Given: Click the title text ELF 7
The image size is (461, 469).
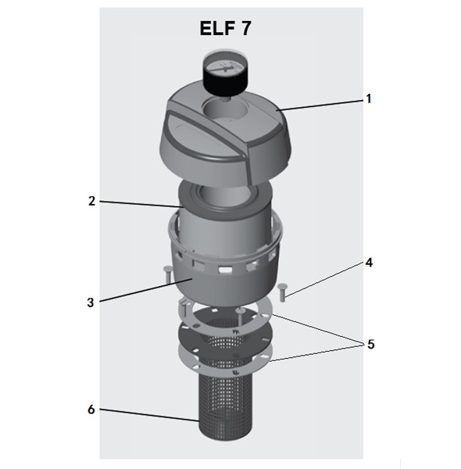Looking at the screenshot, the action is (225, 28).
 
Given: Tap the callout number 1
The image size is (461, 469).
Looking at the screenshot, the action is (369, 98).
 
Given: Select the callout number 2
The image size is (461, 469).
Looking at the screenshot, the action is (91, 201).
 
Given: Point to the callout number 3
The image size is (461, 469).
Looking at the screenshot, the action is (91, 303).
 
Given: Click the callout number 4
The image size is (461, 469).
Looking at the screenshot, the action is (370, 263).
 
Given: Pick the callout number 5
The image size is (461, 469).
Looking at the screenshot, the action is (370, 344).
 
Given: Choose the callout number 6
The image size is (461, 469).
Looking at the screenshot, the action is (91, 410).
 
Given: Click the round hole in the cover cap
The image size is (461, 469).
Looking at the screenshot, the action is (223, 109).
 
